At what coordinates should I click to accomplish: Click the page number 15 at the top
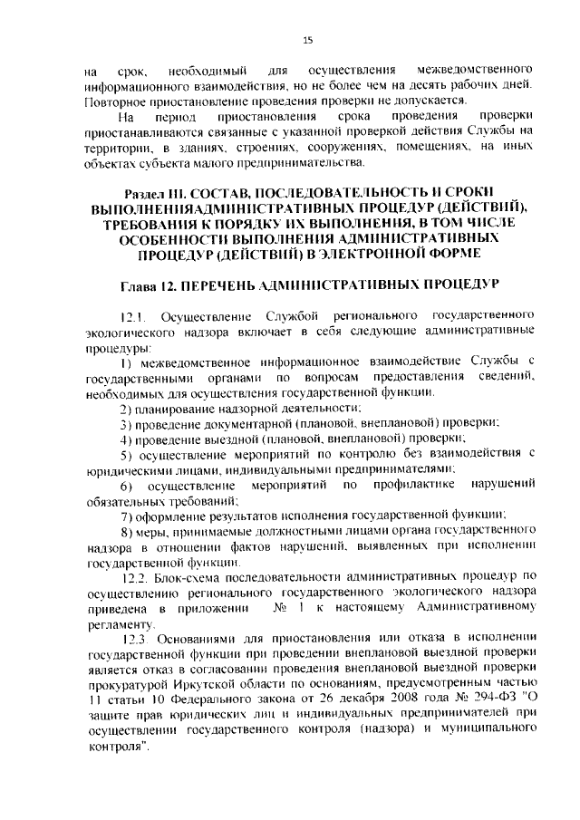[307, 40]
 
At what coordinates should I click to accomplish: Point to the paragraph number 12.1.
[133, 315]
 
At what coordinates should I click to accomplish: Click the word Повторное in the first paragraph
[116, 101]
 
